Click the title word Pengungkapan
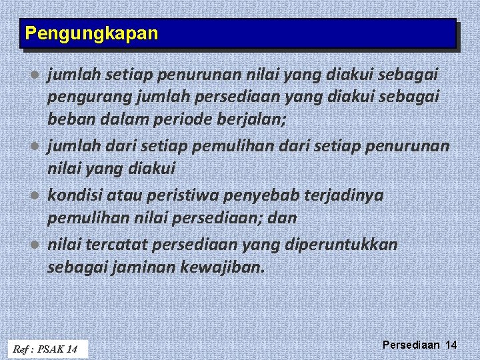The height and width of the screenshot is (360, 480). click(91, 33)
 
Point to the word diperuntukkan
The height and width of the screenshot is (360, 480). click(343, 245)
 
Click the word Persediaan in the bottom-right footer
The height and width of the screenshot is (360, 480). click(411, 345)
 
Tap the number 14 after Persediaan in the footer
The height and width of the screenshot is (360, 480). click(451, 345)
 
